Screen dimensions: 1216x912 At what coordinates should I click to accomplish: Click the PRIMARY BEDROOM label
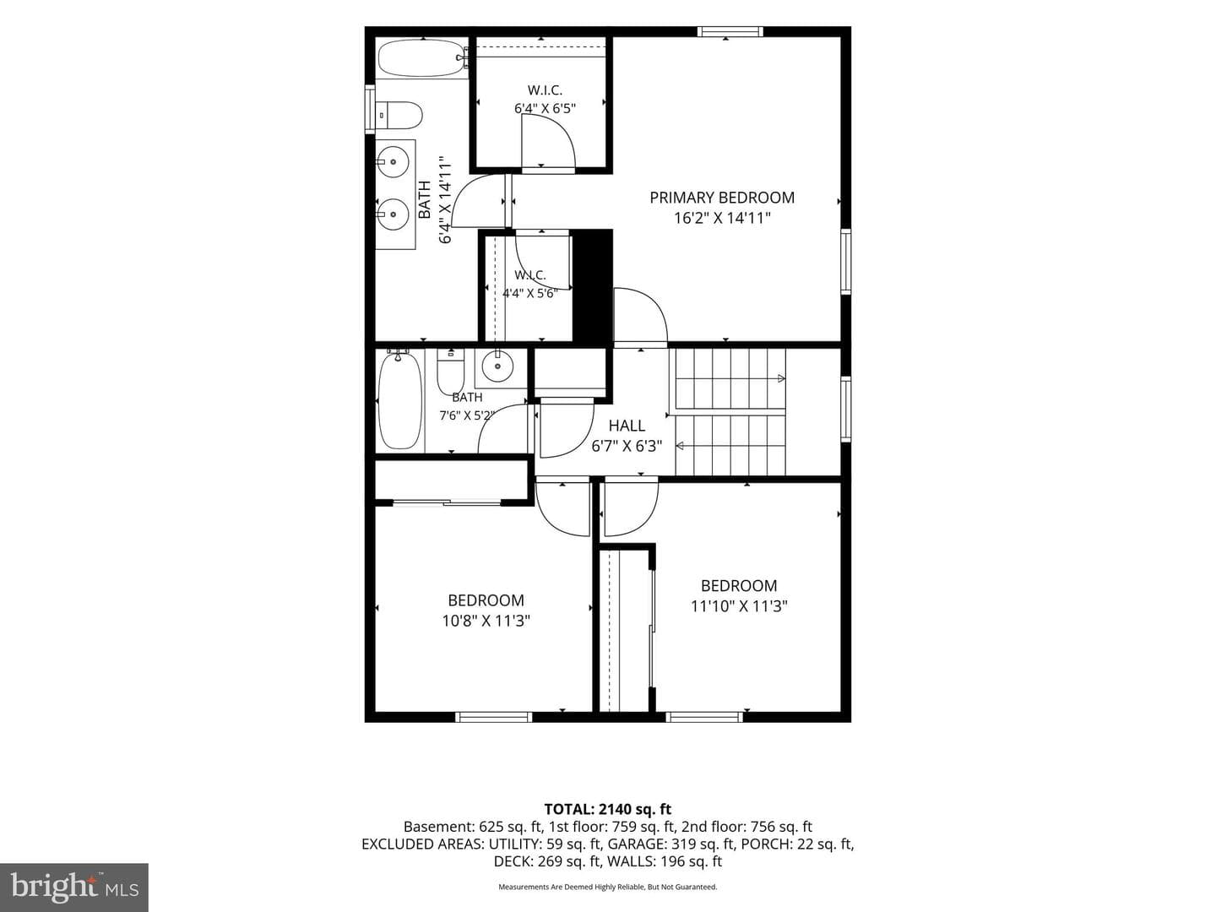pyautogui.click(x=722, y=198)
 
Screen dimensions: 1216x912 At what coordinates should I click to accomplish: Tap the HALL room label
pyautogui.click(x=627, y=426)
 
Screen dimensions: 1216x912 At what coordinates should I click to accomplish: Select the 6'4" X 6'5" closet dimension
pyautogui.click(x=545, y=108)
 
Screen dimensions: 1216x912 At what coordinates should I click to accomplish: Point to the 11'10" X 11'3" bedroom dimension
pyautogui.click(x=738, y=605)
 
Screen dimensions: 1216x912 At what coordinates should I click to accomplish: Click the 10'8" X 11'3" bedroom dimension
pyautogui.click(x=486, y=621)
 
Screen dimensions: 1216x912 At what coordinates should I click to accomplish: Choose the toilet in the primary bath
pyautogui.click(x=399, y=115)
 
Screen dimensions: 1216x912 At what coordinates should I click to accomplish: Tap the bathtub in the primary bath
pyautogui.click(x=423, y=57)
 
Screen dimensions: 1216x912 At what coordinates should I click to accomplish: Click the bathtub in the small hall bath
pyautogui.click(x=399, y=400)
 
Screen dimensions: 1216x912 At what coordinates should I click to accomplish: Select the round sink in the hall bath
pyautogui.click(x=497, y=366)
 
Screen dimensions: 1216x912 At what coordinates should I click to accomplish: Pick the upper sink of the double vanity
pyautogui.click(x=393, y=161)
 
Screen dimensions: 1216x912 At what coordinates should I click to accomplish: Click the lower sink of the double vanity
pyautogui.click(x=393, y=214)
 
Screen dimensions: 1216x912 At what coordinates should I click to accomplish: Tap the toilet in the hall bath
pyautogui.click(x=450, y=371)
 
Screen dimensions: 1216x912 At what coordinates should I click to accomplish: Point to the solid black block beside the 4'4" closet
pyautogui.click(x=592, y=286)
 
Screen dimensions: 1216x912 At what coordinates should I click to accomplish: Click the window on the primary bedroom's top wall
pyautogui.click(x=730, y=31)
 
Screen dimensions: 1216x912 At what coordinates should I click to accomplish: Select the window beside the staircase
pyautogui.click(x=846, y=409)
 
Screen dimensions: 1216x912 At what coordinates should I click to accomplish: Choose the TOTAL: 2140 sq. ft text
pyautogui.click(x=608, y=809)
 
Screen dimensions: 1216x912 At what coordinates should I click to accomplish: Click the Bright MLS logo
pyautogui.click(x=74, y=887)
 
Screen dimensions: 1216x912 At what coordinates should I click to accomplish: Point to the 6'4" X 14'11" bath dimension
pyautogui.click(x=445, y=204)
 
